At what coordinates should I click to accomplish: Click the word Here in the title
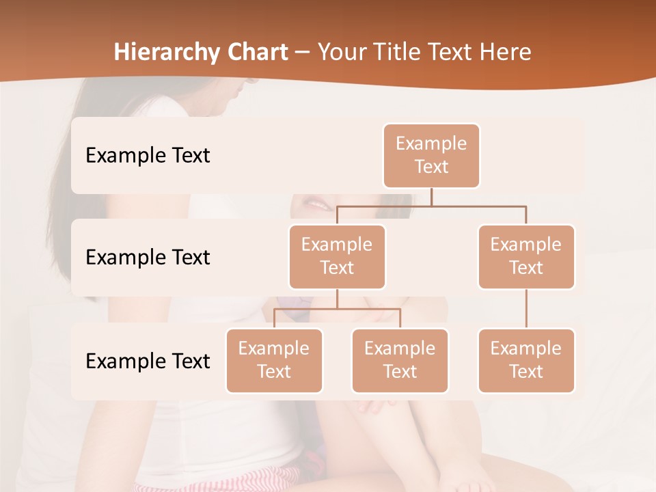(x=504, y=53)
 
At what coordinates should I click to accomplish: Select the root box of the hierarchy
(x=431, y=156)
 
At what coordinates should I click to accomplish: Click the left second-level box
(x=337, y=257)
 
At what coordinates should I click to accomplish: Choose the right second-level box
(x=526, y=257)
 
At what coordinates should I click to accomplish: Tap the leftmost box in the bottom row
(x=274, y=361)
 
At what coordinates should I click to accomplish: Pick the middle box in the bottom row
(x=400, y=361)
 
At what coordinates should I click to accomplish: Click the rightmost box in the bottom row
(x=526, y=361)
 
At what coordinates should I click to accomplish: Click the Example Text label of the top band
(x=148, y=156)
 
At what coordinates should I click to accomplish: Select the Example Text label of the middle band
(x=148, y=258)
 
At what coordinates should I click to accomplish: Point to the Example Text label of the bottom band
(x=148, y=361)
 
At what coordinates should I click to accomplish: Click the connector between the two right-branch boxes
(x=526, y=309)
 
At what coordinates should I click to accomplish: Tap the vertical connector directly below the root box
(x=431, y=197)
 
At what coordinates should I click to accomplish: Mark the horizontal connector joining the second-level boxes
(x=431, y=206)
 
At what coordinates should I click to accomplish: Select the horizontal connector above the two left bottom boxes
(x=337, y=309)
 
